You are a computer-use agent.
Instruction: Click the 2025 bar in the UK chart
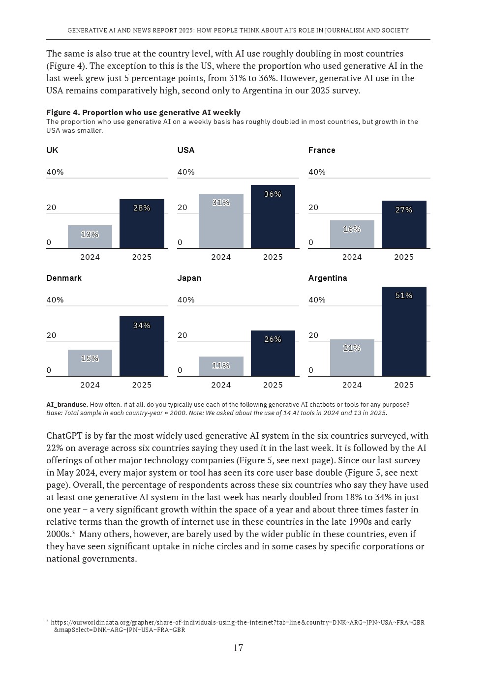[x=142, y=224]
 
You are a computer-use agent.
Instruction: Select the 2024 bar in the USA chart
[x=221, y=221]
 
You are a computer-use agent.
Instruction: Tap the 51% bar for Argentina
[x=404, y=331]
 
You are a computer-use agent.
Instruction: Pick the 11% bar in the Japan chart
[x=221, y=366]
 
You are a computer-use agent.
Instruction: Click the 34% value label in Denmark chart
[x=142, y=326]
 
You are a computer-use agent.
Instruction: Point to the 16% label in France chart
[x=352, y=229]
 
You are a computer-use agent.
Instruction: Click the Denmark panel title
[x=64, y=278]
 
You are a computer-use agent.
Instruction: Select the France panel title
[x=322, y=150]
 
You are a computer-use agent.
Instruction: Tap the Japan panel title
[x=189, y=278]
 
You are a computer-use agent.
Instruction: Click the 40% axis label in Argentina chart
[x=317, y=300]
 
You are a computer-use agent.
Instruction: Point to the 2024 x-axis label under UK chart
[x=90, y=257]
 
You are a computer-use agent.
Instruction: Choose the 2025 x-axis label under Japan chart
[x=273, y=385]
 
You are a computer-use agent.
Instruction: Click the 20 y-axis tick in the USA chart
[x=183, y=207]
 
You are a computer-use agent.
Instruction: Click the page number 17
[x=238, y=648]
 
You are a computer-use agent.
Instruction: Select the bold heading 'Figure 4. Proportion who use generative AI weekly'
[x=143, y=112]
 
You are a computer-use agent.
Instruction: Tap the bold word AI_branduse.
[x=67, y=404]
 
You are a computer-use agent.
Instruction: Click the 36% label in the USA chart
[x=273, y=194]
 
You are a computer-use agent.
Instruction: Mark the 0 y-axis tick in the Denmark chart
[x=49, y=370]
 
